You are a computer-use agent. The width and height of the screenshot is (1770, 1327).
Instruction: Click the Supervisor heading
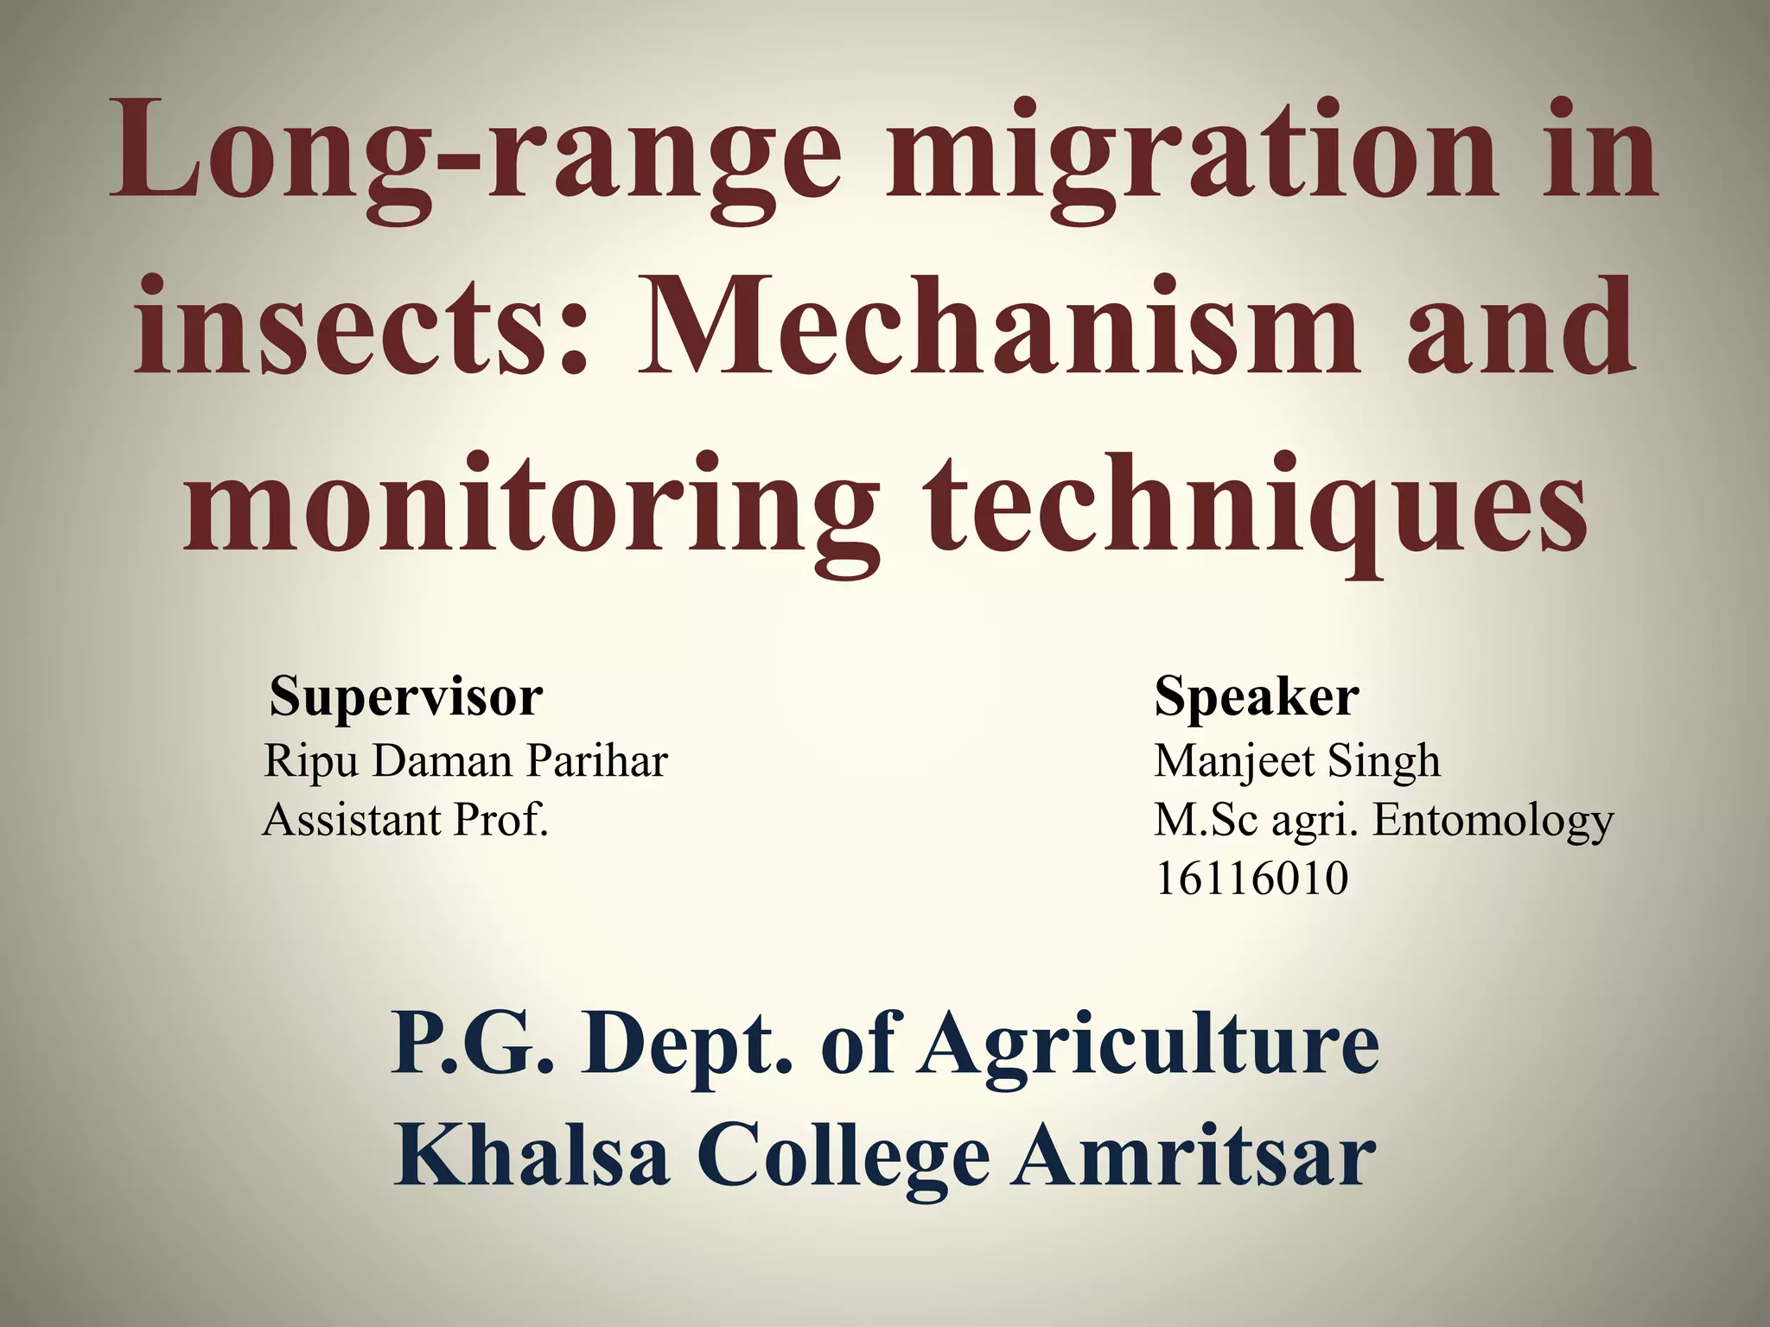(x=406, y=696)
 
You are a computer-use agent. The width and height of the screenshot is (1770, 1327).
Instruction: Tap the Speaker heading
(x=1257, y=696)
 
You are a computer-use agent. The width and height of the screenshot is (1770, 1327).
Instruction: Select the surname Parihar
(x=597, y=761)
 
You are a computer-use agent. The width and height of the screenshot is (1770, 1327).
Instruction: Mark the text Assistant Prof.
(x=405, y=820)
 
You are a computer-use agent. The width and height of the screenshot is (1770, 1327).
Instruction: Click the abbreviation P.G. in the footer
(x=472, y=1044)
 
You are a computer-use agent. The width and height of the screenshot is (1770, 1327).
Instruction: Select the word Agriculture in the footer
(x=1149, y=1044)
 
